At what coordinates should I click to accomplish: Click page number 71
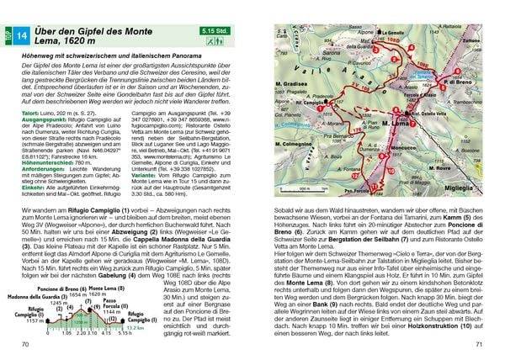(476, 346)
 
